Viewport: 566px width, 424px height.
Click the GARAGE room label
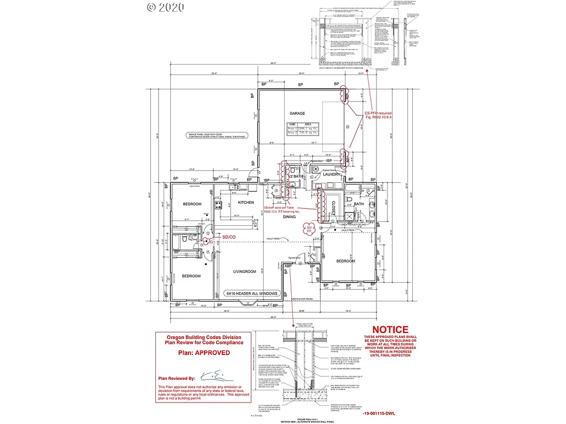coord(297,114)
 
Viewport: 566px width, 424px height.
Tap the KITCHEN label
coord(246,203)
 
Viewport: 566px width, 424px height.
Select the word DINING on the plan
coord(290,217)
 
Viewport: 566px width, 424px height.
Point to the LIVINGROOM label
coord(244,271)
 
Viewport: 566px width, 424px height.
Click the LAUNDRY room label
coord(331,174)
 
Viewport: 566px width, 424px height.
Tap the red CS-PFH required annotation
coord(378,114)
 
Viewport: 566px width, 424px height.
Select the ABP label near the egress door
coord(287,266)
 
